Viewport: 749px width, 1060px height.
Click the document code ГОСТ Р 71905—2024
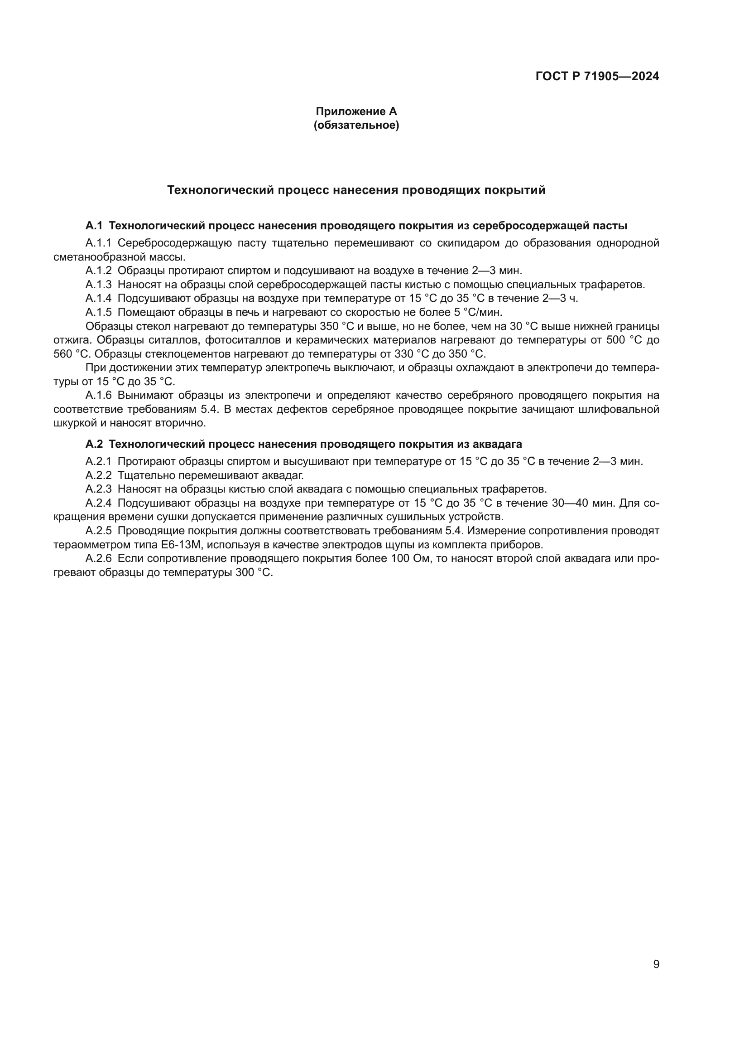point(597,77)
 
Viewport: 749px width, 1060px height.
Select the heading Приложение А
point(356,111)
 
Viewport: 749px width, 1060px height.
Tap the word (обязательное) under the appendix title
point(356,125)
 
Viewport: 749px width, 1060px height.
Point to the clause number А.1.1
point(99,243)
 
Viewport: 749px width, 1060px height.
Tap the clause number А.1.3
point(99,285)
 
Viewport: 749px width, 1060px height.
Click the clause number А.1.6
point(99,395)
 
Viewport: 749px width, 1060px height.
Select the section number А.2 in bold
point(94,444)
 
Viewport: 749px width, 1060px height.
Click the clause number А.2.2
point(99,475)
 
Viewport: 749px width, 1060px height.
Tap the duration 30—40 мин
point(583,503)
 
